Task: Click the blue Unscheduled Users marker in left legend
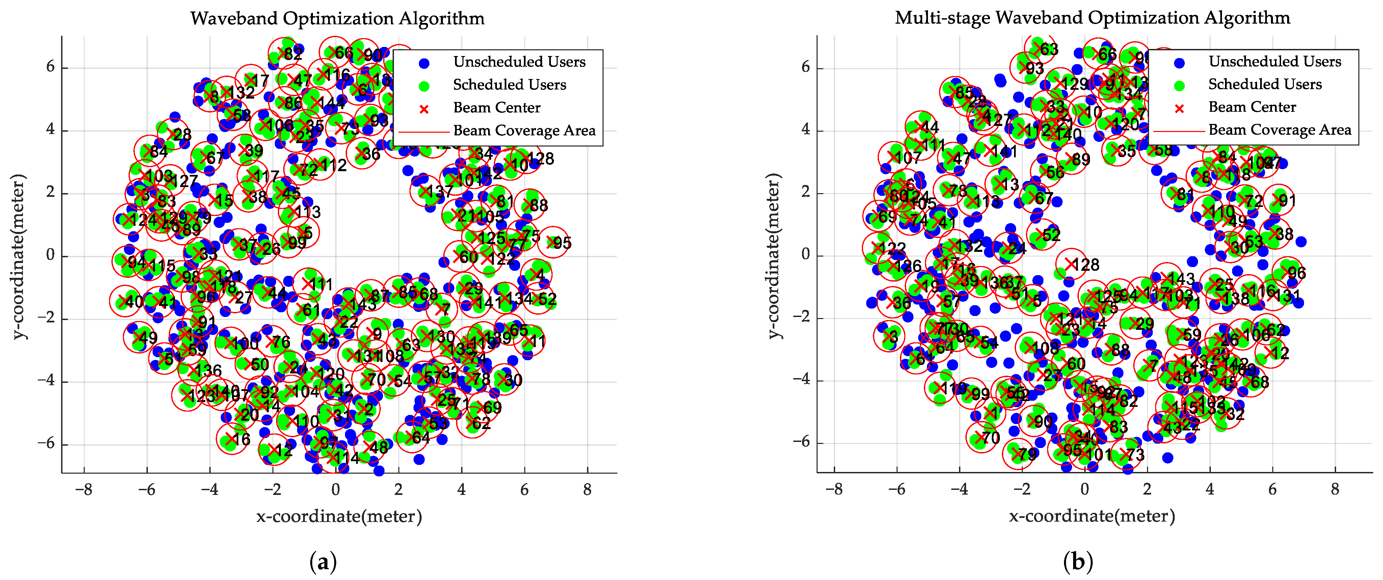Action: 424,63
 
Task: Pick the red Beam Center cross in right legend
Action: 1179,108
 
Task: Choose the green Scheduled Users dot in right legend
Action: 1179,85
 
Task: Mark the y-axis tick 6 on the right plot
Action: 805,67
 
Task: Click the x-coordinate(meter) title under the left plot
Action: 339,517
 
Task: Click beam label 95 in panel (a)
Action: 562,243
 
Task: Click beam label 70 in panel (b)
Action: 990,438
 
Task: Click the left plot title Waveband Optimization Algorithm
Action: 337,18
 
